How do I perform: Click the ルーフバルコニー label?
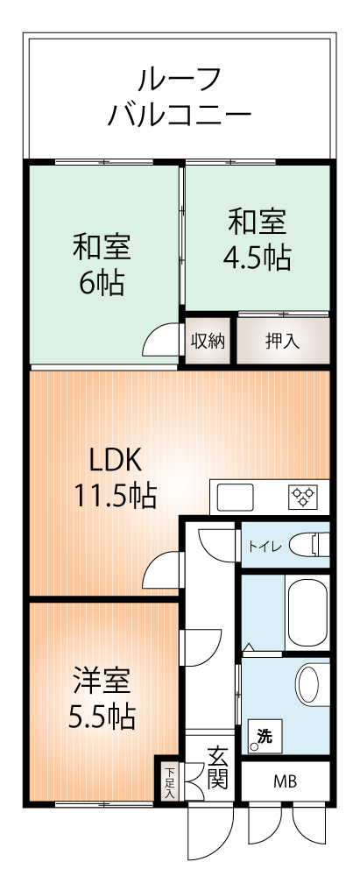[180, 97]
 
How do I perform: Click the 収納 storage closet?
[208, 341]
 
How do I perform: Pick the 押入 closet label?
[283, 341]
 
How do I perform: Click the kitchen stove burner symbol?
[303, 498]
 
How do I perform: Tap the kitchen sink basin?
[234, 498]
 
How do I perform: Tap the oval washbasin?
[308, 683]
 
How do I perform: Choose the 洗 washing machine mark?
[265, 737]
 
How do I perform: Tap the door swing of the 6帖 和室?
[163, 339]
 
